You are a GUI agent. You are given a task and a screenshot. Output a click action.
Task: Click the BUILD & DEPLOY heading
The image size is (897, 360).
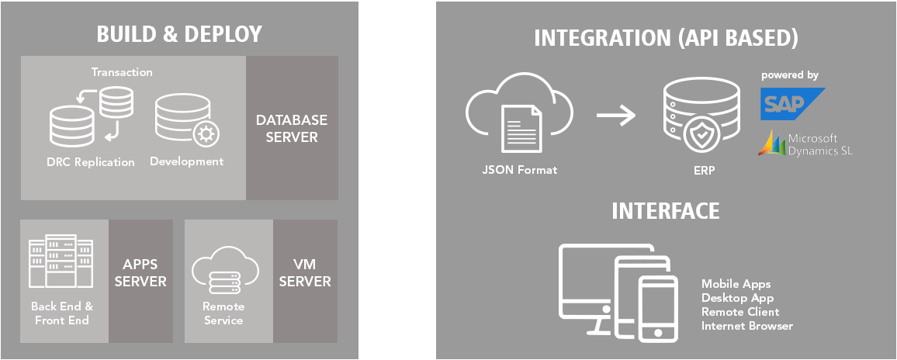tap(179, 34)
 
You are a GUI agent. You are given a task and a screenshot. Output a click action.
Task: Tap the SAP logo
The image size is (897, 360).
tap(791, 104)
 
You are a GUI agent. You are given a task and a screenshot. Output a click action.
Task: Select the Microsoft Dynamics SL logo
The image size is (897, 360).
tap(805, 144)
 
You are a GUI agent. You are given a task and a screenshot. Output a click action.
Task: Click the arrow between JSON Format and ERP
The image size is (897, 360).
tap(615, 116)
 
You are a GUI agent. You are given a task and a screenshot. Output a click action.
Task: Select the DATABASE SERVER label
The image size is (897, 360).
tap(292, 128)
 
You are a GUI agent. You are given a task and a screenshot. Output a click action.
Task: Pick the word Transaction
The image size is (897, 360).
tap(122, 72)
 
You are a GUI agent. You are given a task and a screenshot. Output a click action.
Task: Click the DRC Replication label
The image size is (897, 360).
tap(90, 162)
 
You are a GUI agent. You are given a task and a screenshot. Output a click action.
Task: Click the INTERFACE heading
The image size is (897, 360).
tap(665, 211)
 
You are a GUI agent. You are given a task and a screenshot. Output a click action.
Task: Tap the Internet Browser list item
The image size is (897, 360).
tap(747, 326)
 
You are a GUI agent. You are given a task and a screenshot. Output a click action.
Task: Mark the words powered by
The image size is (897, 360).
tap(790, 75)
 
